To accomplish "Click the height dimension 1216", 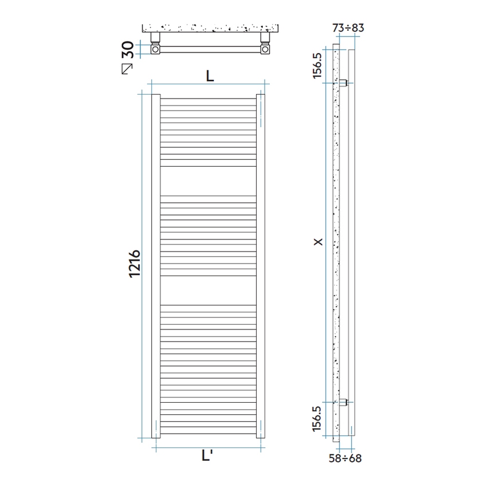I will (135, 264).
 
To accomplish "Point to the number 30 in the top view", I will (128, 49).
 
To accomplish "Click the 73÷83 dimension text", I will (348, 27).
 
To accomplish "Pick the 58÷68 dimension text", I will (346, 458).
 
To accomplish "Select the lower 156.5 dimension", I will (319, 421).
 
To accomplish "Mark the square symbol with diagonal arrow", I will (127, 67).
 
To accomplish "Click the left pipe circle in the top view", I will (156, 50).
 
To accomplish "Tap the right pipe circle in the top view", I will (265, 50).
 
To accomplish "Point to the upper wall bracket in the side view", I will (343, 83).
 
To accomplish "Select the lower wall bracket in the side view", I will (343, 402).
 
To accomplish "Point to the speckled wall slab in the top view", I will (210, 28).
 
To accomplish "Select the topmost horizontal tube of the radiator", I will (208, 101).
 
